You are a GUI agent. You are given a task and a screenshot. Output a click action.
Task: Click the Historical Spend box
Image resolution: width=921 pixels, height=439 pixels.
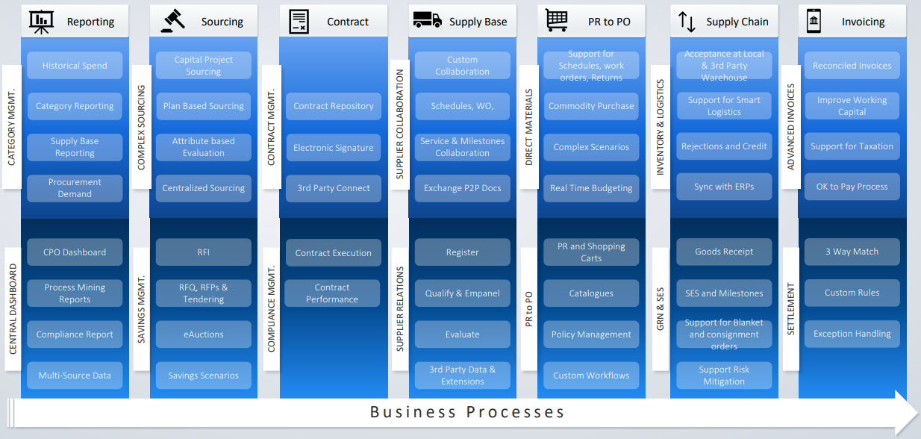pyautogui.click(x=75, y=66)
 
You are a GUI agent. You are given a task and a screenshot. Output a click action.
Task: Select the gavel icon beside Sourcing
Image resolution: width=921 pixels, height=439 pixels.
pyautogui.click(x=172, y=22)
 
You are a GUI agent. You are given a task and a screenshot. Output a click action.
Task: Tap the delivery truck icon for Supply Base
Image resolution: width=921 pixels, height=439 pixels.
pyautogui.click(x=427, y=21)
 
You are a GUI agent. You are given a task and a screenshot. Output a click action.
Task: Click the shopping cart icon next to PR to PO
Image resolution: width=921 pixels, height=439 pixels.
pyautogui.click(x=557, y=20)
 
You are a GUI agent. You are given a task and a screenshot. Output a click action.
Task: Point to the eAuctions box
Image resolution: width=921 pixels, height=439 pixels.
pyautogui.click(x=203, y=334)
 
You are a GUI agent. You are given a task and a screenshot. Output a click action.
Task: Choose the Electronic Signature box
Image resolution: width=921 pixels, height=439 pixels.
pyautogui.click(x=333, y=148)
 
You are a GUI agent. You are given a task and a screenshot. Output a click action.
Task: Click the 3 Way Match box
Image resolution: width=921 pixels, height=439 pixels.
pyautogui.click(x=852, y=252)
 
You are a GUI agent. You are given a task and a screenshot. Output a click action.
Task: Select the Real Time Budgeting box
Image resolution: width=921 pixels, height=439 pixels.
pyautogui.click(x=591, y=188)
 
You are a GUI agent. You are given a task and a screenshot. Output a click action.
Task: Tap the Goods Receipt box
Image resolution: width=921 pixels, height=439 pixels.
pyautogui.click(x=724, y=252)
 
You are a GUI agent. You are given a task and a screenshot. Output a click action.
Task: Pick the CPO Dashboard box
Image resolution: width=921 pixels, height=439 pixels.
pyautogui.click(x=75, y=252)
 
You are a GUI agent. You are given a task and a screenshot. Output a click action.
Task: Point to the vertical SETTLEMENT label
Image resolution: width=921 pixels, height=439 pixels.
pyautogui.click(x=791, y=308)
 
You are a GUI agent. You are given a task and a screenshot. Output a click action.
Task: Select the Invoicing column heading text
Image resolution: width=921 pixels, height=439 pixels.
pyautogui.click(x=863, y=22)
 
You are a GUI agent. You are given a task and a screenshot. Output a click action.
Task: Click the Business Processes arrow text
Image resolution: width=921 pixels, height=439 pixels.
pyautogui.click(x=467, y=412)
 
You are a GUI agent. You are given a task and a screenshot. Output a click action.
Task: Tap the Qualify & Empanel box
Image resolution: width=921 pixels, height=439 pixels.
pyautogui.click(x=462, y=293)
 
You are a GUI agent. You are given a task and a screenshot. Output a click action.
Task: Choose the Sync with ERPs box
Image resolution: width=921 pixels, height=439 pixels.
pyautogui.click(x=724, y=187)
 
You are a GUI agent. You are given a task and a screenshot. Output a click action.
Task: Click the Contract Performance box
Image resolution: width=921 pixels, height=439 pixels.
pyautogui.click(x=332, y=293)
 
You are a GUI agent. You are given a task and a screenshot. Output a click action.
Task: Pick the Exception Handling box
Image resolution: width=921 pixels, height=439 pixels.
pyautogui.click(x=852, y=334)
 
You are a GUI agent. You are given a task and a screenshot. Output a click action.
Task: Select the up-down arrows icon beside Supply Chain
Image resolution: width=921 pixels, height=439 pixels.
pyautogui.click(x=687, y=22)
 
